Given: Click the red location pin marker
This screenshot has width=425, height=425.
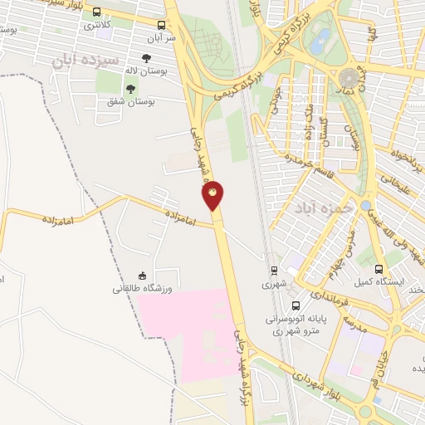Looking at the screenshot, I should click(x=213, y=195).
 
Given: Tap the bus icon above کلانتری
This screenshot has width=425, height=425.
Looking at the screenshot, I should click(x=97, y=13).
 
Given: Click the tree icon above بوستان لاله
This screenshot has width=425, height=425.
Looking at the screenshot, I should click(x=147, y=59).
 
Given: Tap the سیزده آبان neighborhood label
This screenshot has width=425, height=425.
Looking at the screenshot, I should click(x=85, y=61).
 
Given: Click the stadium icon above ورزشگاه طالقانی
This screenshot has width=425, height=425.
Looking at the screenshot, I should click(x=142, y=276).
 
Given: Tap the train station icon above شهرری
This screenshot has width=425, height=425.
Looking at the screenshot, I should click(x=273, y=270).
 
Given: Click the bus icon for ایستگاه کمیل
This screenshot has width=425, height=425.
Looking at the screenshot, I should click(x=379, y=270).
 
